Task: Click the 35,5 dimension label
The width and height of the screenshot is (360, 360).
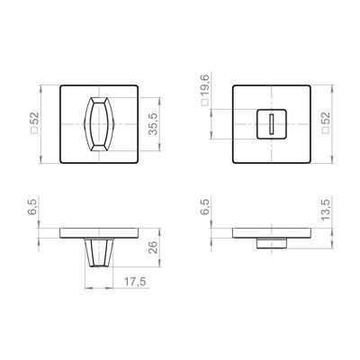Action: [x=153, y=124]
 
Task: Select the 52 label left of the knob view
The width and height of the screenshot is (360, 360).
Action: [x=35, y=119]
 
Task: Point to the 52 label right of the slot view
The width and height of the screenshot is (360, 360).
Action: [x=326, y=119]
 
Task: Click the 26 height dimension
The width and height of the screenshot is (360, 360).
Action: [x=153, y=247]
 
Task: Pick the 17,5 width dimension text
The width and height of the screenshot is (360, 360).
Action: [x=135, y=282]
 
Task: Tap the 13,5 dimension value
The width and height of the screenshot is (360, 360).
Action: [x=326, y=210]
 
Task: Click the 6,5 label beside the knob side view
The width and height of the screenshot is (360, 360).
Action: [x=32, y=207]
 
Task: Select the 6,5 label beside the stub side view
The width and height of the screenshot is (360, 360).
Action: [x=207, y=207]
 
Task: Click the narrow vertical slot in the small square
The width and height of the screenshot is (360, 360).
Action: [x=272, y=124]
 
